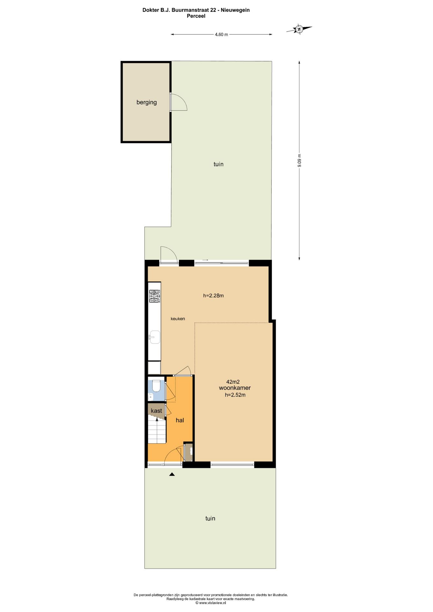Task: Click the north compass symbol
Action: tap(299, 29)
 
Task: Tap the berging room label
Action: tap(147, 102)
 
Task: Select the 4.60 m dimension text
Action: tap(221, 34)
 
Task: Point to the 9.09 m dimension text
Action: tap(299, 160)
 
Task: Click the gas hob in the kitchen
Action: tap(155, 296)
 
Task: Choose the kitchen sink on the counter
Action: tap(155, 337)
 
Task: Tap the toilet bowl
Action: tap(156, 386)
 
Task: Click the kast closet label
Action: tap(156, 411)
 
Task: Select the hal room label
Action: tap(180, 420)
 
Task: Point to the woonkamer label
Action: tap(235, 388)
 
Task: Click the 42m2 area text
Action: tap(233, 382)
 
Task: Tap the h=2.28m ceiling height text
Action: tap(213, 295)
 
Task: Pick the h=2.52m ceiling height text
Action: tap(235, 395)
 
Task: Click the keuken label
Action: tap(178, 319)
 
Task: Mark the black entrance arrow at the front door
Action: tap(172, 474)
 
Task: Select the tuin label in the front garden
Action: tap(210, 519)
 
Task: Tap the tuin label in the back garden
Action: tap(218, 164)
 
